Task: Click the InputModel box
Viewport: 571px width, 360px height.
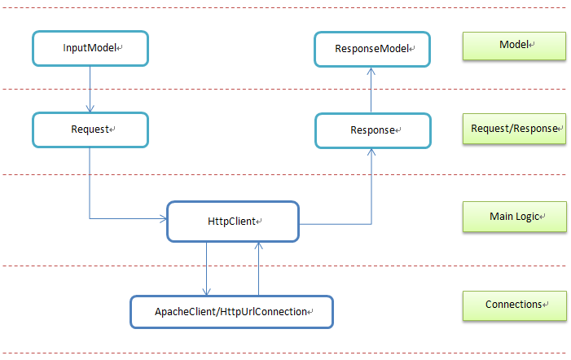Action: tap(90, 49)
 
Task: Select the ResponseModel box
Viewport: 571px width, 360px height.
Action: tap(372, 49)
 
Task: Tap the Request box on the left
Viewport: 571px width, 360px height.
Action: tap(90, 130)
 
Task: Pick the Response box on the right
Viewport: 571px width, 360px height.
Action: tap(372, 130)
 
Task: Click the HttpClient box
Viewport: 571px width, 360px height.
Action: tap(233, 222)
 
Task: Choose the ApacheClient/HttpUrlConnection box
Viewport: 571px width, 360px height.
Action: tap(232, 311)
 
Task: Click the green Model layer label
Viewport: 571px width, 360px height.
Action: tap(514, 45)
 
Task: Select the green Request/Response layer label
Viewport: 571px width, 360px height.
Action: tap(514, 129)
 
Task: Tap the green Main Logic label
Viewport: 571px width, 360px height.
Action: tap(514, 217)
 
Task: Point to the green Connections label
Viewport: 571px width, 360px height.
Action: tap(514, 305)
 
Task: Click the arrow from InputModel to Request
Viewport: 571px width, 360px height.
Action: tap(90, 89)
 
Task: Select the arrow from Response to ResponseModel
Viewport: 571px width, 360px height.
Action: tap(372, 89)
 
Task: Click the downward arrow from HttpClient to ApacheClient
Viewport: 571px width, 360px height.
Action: tap(207, 269)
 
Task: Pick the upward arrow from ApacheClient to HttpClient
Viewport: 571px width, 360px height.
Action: tap(258, 269)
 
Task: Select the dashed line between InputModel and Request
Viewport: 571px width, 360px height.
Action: tap(204, 89)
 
